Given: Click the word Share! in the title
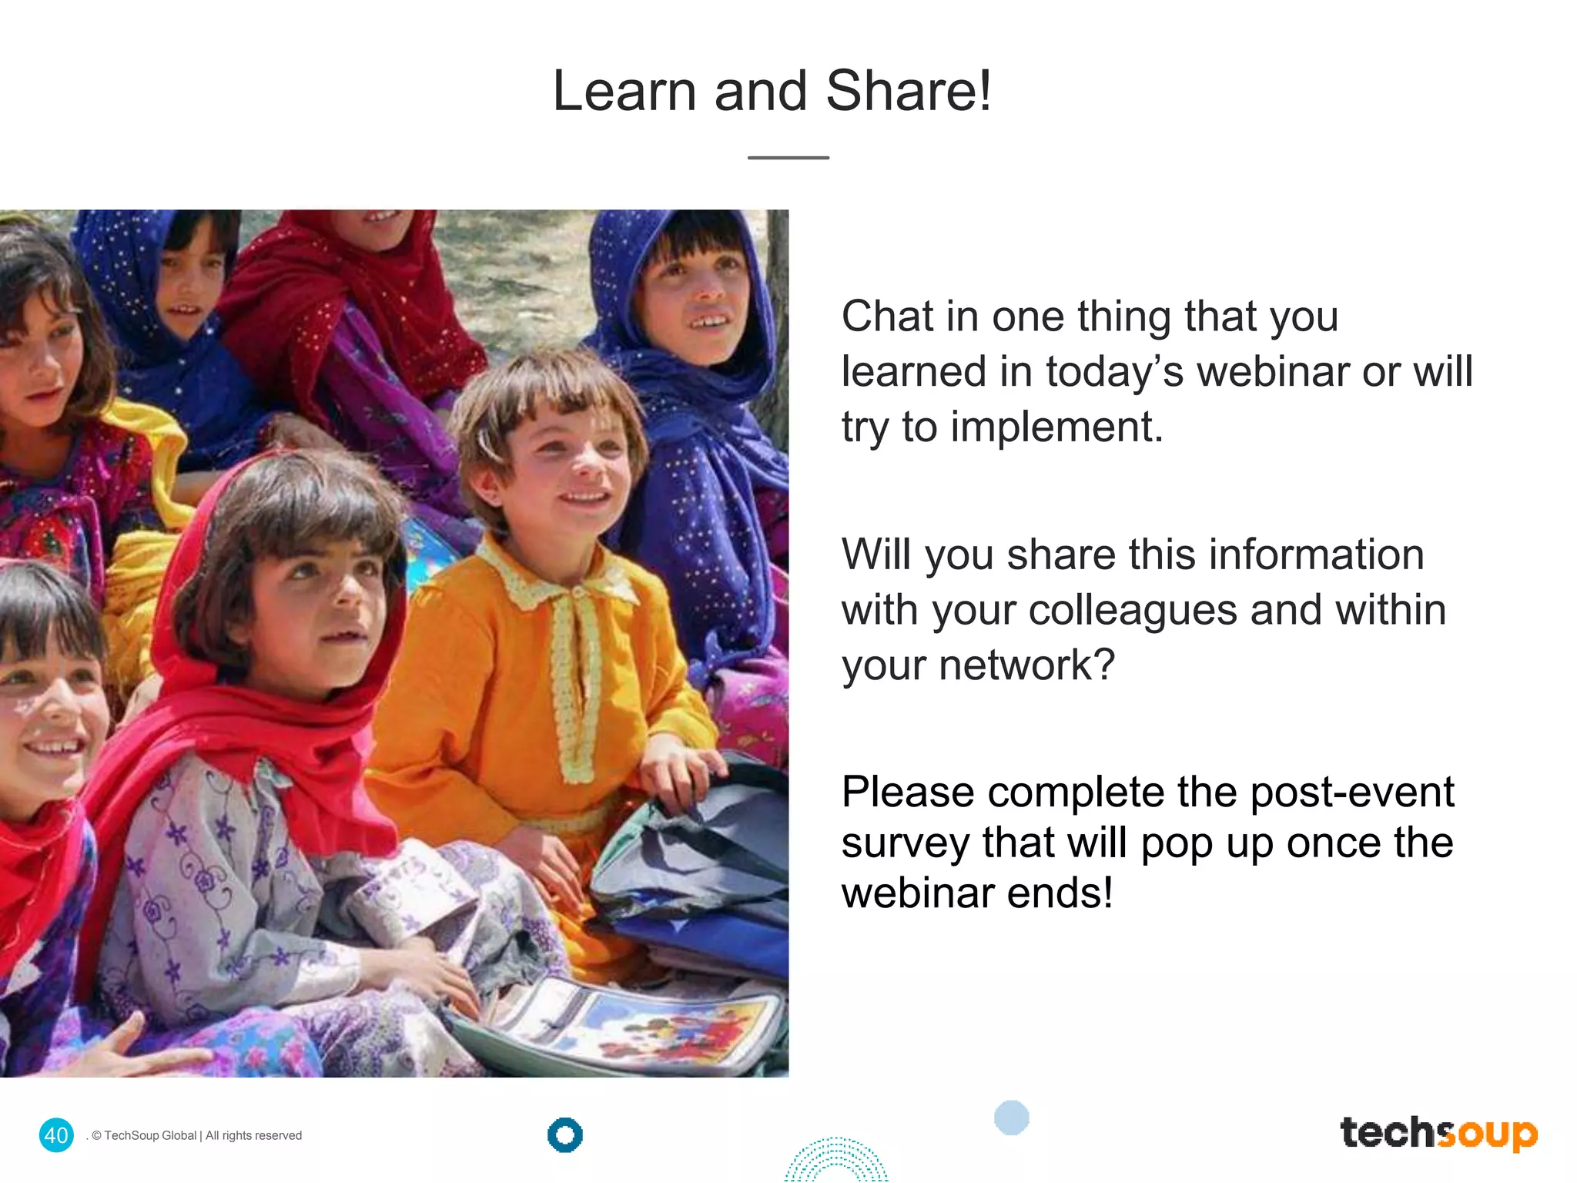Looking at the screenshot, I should (x=909, y=92).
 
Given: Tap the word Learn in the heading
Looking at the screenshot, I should (x=624, y=92).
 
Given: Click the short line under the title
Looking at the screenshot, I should (x=788, y=158).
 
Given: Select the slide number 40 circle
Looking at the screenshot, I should (x=56, y=1134).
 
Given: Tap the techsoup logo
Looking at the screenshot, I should (x=1438, y=1133).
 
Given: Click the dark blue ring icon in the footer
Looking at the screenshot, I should (x=565, y=1134).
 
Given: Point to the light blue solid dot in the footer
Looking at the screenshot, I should (x=1011, y=1118).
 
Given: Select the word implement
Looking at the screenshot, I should (x=1056, y=427).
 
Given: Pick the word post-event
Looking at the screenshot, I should (x=1352, y=793).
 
